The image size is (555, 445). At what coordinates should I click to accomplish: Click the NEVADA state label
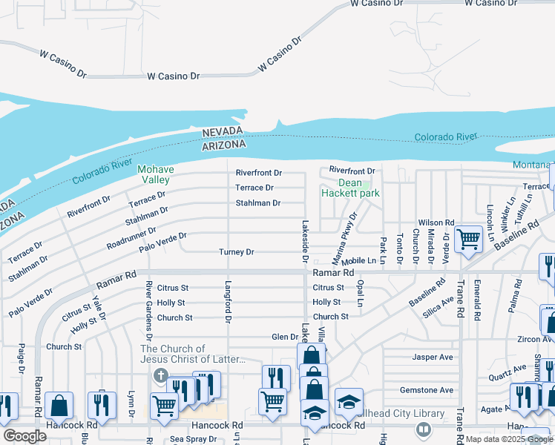223,131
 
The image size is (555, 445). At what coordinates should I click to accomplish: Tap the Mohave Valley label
154,174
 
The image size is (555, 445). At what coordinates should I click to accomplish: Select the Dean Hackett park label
350,188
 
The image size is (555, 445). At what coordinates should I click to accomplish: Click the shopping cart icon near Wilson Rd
468,239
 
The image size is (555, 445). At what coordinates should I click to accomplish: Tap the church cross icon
159,375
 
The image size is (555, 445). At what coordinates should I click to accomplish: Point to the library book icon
423,428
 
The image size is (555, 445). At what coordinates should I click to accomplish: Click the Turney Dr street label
237,252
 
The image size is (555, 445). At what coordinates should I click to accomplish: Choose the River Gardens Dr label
149,303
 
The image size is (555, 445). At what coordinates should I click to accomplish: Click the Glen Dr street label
285,337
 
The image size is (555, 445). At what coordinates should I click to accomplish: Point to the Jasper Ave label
433,357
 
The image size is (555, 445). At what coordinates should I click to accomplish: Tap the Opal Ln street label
360,294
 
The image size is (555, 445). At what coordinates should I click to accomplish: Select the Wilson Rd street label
436,222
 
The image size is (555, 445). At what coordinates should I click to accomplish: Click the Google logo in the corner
25,436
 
